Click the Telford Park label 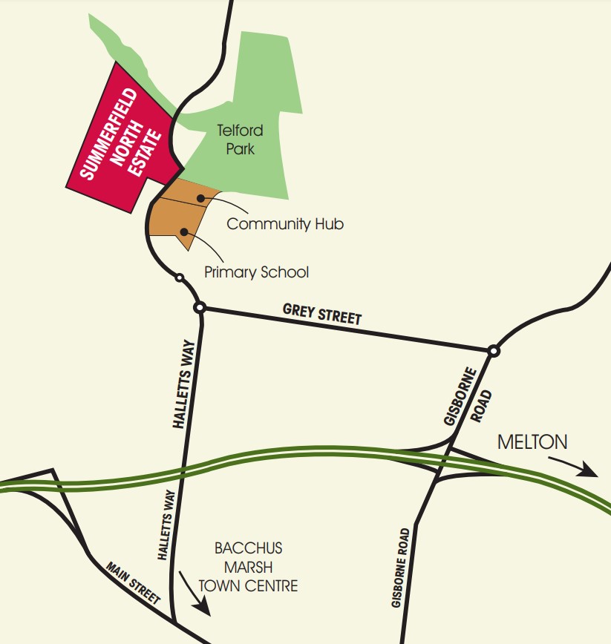[x=240, y=139]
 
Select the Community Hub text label [x=285, y=223]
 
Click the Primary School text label [x=256, y=272]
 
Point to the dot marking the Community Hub [x=201, y=198]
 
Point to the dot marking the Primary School [x=184, y=231]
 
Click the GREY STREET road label [x=322, y=314]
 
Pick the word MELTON [x=532, y=443]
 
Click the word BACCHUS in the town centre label [x=249, y=550]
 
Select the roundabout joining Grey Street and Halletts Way [x=199, y=307]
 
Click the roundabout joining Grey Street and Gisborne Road [x=494, y=351]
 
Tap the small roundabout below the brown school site [x=179, y=278]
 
